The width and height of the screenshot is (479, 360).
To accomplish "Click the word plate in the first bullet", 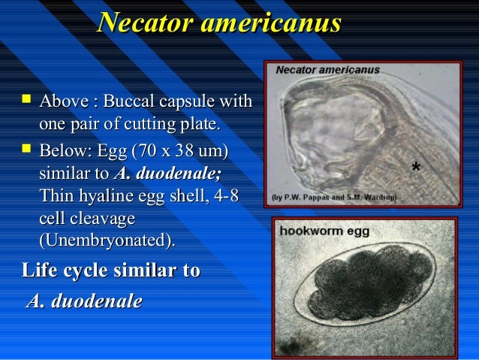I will tap(203, 123).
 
